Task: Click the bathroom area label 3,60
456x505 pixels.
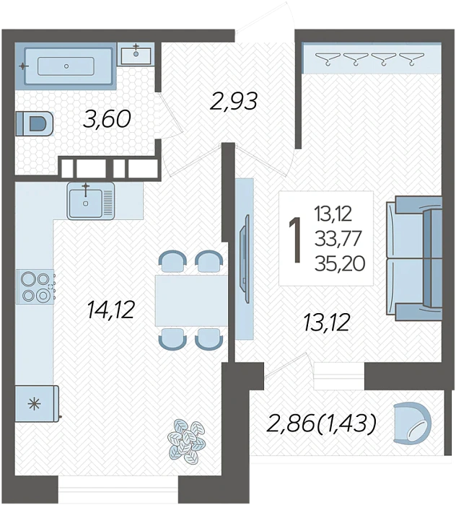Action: point(107,118)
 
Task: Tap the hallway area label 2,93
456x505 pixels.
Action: point(234,101)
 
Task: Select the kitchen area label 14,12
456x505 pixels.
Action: point(110,309)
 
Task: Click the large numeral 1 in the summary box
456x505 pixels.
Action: point(295,240)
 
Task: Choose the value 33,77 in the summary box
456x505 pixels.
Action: point(338,240)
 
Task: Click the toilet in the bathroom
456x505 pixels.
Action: point(35,123)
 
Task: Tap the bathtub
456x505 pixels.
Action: point(66,66)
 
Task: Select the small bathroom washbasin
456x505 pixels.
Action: point(136,54)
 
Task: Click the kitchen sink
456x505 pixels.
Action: point(90,201)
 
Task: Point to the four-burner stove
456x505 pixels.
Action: point(35,286)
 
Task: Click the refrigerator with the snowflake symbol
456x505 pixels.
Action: point(37,403)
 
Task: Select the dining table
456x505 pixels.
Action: point(191,301)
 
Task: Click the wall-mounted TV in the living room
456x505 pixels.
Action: point(245,259)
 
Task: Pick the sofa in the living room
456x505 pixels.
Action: point(414,258)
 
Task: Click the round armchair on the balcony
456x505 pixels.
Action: point(412,423)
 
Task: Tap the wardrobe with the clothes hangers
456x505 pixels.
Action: point(372,58)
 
